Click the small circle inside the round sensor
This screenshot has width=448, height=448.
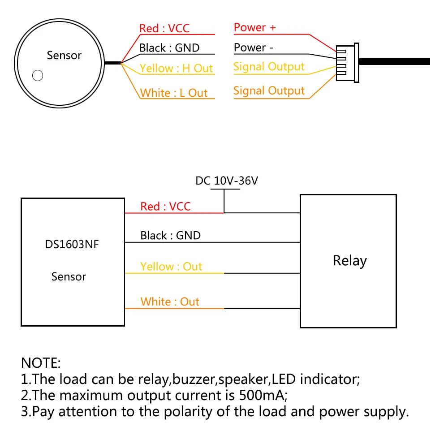tap(38, 75)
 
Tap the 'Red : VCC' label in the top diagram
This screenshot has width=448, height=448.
tap(164, 28)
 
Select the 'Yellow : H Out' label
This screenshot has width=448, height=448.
tap(176, 68)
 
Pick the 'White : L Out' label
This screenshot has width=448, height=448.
tap(174, 93)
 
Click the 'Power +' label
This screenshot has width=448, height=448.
tap(255, 27)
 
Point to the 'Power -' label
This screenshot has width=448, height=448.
tap(254, 47)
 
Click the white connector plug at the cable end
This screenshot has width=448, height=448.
tap(348, 63)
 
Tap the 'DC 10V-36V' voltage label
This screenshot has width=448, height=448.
tap(227, 181)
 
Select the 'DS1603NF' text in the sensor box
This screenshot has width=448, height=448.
tap(72, 244)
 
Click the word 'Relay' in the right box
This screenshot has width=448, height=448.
tap(350, 261)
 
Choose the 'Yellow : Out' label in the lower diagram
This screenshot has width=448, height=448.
tap(171, 267)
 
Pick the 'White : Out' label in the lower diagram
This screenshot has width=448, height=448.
tap(170, 302)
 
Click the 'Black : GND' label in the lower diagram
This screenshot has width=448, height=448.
tap(170, 236)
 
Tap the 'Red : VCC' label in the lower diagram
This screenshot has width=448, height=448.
tap(165, 206)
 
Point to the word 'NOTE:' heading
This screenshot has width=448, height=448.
tap(41, 363)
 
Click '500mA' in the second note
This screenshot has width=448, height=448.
tap(263, 395)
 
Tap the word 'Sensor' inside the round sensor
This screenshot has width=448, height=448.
tap(64, 55)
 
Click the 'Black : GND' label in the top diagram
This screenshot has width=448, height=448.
tap(169, 48)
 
